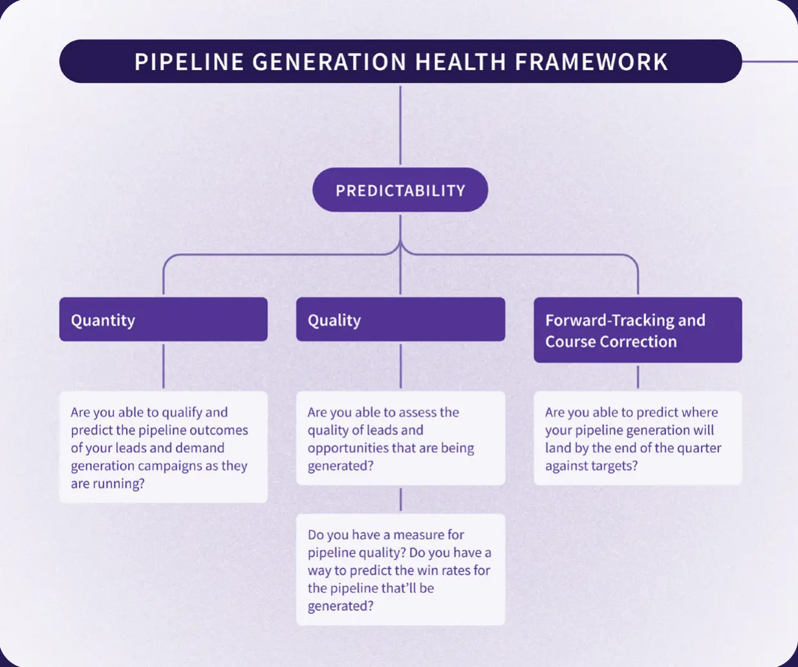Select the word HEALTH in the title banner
point(460,62)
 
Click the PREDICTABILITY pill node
point(400,190)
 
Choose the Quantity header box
point(163,320)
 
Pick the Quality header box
point(400,320)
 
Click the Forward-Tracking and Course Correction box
point(638,330)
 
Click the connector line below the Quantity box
point(163,366)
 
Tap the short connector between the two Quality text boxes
point(400,499)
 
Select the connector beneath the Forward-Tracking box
point(638,377)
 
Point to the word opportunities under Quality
point(348,448)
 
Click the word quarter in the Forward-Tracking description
point(696,448)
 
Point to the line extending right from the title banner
point(770,62)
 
